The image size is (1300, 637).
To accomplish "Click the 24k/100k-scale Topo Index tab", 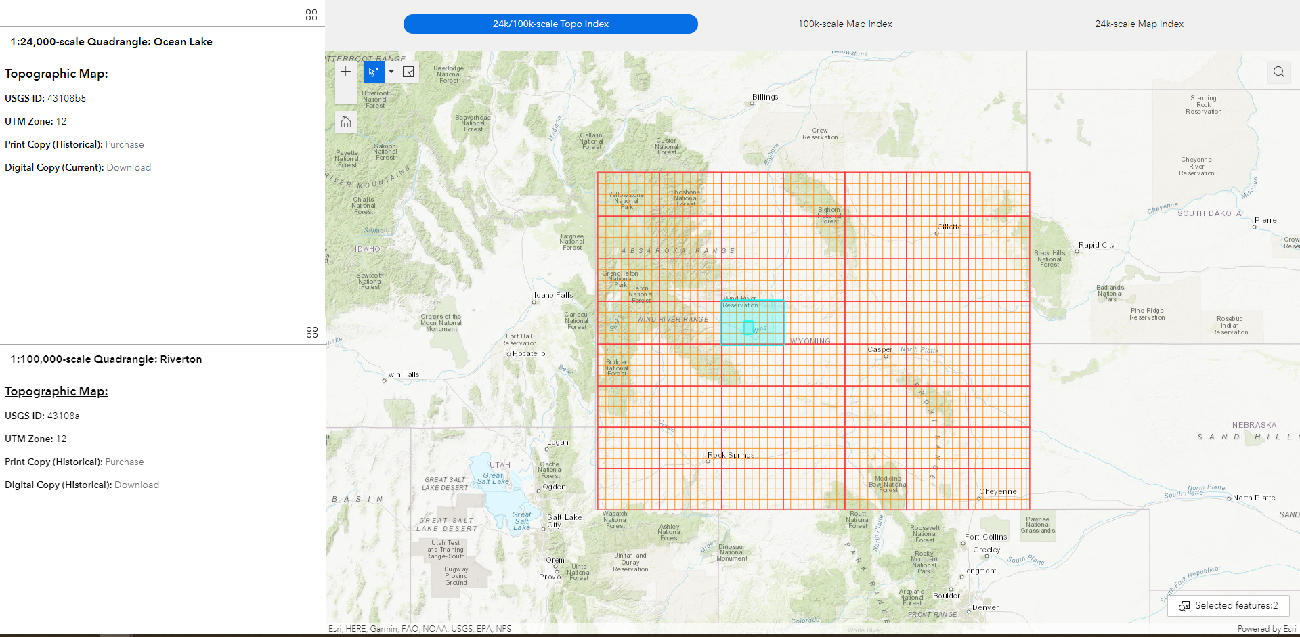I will [550, 24].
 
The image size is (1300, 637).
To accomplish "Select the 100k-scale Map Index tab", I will [844, 24].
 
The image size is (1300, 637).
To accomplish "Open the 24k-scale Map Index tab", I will [1139, 24].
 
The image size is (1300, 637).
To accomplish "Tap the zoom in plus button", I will [346, 72].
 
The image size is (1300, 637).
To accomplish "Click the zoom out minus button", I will [346, 93].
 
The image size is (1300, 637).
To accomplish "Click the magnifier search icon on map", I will [1278, 72].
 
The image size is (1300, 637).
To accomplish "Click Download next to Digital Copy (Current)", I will [129, 167].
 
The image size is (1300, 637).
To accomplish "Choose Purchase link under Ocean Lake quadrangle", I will [125, 144].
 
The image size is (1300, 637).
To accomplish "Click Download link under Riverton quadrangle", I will [137, 485].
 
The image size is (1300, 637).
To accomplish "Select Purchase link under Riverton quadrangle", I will [125, 462].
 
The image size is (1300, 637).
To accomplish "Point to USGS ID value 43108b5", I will [66, 98].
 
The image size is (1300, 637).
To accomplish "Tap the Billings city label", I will [765, 97].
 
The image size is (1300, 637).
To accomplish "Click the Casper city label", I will [880, 349].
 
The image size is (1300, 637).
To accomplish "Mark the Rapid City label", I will [1096, 245].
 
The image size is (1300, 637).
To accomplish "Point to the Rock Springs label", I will [731, 455].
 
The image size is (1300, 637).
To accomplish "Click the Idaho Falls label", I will [553, 295].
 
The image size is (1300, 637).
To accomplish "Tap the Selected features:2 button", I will [1228, 605].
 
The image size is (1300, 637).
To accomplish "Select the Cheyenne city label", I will [998, 491].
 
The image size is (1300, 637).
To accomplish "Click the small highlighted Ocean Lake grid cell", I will [748, 328].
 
